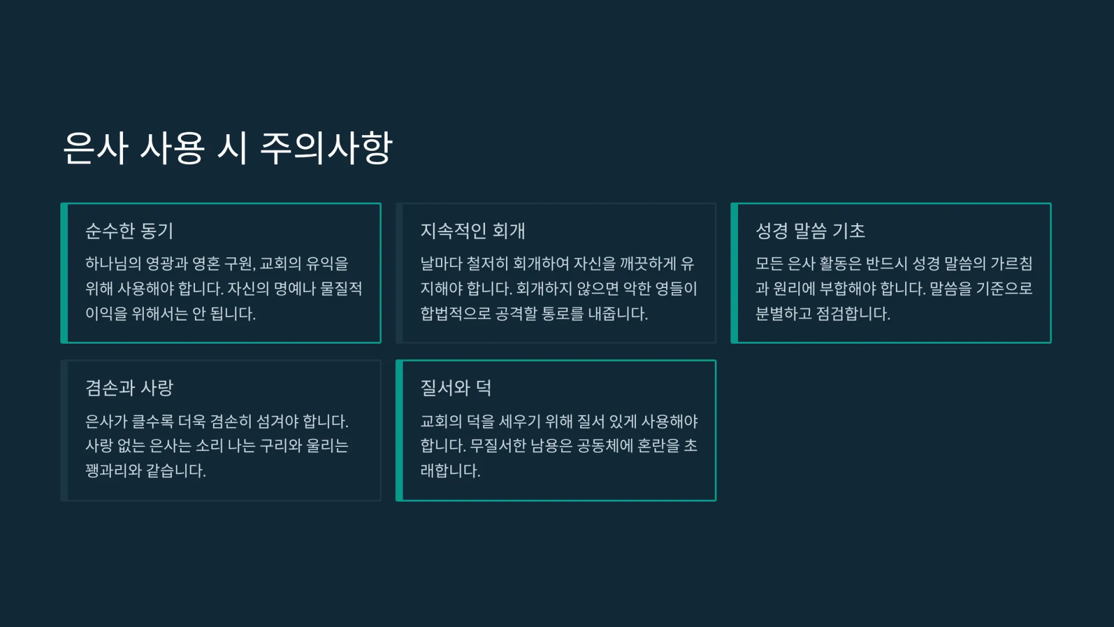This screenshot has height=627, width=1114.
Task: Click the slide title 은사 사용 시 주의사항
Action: click(227, 147)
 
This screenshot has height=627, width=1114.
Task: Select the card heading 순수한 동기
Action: click(129, 231)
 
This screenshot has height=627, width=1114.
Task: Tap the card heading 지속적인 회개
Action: click(473, 231)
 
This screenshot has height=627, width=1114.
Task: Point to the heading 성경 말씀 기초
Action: click(810, 231)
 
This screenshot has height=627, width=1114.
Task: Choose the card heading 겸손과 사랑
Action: click(129, 388)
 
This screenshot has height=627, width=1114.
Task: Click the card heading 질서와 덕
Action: click(456, 388)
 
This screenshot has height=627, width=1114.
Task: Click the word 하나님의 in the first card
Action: click(113, 264)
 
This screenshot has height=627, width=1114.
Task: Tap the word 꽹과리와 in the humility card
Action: click(113, 471)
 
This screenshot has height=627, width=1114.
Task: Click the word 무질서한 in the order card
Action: click(498, 446)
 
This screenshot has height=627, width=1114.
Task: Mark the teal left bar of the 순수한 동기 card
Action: click(64, 273)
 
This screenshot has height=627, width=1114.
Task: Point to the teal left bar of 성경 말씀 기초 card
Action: click(735, 273)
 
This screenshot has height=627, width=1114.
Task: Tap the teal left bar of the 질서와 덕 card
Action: click(399, 430)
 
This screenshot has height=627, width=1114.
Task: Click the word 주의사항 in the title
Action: click(327, 147)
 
